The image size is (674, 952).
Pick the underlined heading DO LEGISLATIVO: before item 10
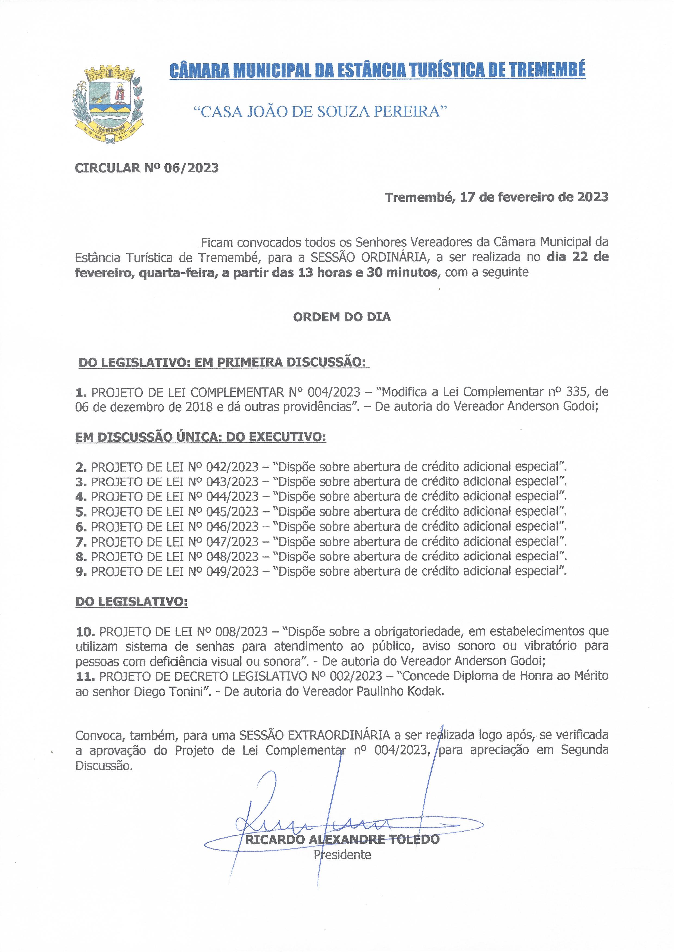[x=131, y=602]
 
